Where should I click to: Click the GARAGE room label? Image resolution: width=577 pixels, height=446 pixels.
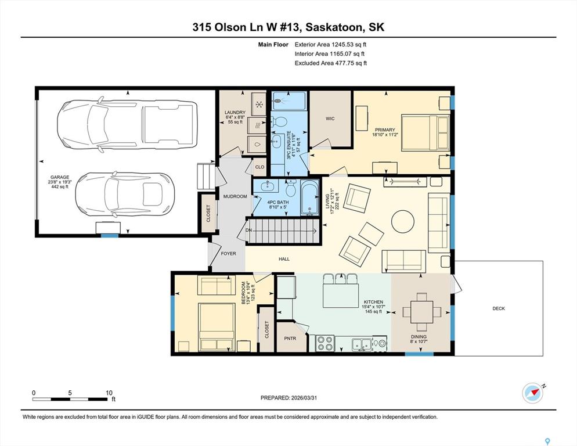point(60,177)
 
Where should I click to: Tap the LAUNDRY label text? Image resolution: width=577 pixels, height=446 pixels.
point(235,112)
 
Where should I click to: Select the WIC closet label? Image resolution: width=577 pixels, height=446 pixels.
point(330,118)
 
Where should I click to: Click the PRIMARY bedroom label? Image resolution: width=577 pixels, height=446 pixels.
point(385,130)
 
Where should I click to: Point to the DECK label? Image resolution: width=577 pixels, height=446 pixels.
point(499,308)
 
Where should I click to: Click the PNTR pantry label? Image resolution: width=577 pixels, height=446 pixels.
point(290,338)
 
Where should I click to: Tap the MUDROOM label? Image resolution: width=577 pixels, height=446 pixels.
point(235,196)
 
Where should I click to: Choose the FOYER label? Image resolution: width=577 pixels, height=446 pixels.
point(228,253)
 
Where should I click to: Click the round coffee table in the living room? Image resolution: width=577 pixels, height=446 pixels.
point(403,221)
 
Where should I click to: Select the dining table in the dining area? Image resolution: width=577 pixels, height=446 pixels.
point(421,312)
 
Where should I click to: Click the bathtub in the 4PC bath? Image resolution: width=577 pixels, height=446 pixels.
point(310,197)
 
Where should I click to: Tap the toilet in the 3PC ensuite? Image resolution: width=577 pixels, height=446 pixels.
point(280,121)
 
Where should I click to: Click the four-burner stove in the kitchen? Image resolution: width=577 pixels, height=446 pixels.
point(325,343)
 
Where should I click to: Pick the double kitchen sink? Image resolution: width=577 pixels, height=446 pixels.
point(362,344)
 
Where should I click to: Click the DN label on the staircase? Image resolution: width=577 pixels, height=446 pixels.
point(249,231)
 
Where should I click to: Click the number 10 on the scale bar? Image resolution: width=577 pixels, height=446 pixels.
point(109,393)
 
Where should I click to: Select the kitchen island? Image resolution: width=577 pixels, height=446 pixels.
point(341,296)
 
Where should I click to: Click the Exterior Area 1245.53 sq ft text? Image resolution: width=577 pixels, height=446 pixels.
point(330,45)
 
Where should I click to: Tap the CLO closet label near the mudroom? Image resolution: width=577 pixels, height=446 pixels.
point(260,167)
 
